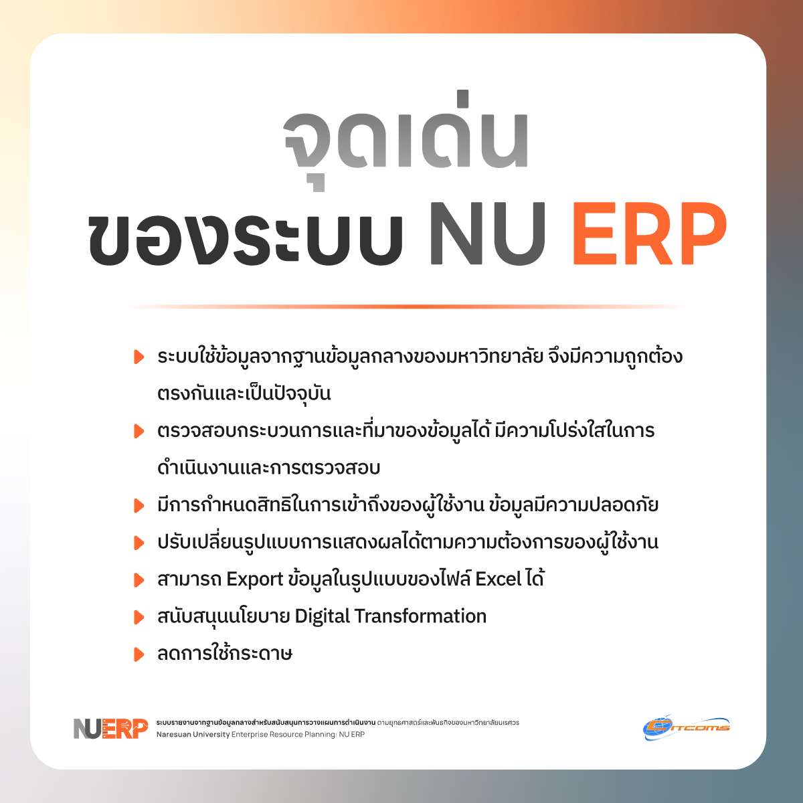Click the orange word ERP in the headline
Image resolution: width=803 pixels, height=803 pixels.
[650, 234]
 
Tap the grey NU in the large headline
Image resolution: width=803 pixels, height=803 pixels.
[488, 234]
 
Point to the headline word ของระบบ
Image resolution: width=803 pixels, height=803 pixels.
[246, 235]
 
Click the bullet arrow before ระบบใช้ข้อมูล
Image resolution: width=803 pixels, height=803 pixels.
[139, 357]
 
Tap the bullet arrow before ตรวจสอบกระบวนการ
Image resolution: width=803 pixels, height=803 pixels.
[139, 432]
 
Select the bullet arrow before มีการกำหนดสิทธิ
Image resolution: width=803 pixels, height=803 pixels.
[139, 506]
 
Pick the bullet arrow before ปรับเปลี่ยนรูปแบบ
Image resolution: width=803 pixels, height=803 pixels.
[139, 543]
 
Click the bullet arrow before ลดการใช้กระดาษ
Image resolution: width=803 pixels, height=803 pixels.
[139, 654]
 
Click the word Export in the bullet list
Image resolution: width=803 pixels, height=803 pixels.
[254, 580]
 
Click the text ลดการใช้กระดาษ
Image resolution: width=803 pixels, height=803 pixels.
[225, 653]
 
